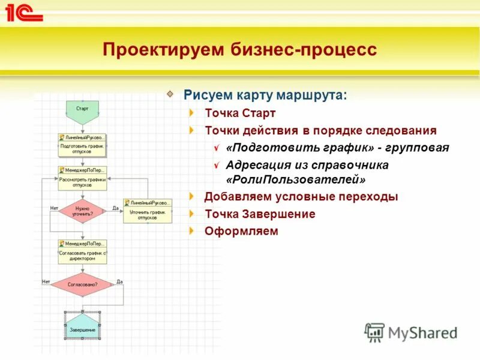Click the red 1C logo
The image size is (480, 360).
pyautogui.click(x=24, y=13)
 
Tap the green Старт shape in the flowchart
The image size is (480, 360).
pyautogui.click(x=82, y=110)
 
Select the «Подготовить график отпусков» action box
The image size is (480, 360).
pyautogui.click(x=82, y=145)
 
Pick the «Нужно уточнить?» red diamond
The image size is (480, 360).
pyautogui.click(x=82, y=211)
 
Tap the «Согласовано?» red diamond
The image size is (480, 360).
pyautogui.click(x=82, y=284)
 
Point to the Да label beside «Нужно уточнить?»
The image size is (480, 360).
pyautogui.click(x=116, y=208)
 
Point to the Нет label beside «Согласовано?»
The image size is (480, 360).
pyautogui.click(x=46, y=281)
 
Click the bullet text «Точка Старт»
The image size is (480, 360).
pyautogui.click(x=240, y=113)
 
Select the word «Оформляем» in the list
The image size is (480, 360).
pyautogui.click(x=241, y=231)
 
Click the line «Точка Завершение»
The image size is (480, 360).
pyautogui.click(x=260, y=214)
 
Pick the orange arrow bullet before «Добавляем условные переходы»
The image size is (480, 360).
pyautogui.click(x=191, y=196)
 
